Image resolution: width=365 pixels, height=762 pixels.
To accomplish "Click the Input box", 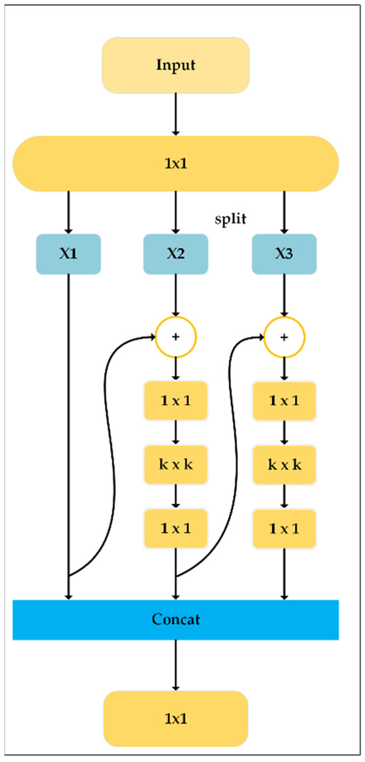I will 175,65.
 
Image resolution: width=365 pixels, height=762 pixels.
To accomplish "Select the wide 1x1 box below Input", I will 175,162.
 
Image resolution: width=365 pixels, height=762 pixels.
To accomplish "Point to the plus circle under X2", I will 175,337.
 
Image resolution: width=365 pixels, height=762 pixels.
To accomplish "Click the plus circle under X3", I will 285,337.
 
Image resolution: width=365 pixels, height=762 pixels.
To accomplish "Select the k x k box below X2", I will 175,464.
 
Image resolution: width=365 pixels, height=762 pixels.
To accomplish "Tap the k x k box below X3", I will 285,464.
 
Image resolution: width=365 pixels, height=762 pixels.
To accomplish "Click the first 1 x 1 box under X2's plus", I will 175,401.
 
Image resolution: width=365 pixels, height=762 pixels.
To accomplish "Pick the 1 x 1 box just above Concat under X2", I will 175,528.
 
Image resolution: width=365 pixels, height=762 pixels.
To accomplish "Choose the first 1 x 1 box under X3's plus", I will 285,401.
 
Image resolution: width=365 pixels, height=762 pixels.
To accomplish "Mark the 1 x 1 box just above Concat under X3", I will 285,528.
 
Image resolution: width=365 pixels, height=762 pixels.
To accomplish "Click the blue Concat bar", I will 175,619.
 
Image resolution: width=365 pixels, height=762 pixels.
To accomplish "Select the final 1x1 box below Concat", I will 175,718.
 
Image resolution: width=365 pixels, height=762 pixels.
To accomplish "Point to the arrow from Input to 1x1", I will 175,113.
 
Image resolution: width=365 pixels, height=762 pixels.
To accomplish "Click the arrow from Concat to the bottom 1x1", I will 175,665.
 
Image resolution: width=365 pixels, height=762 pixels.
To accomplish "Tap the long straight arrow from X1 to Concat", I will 68,431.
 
